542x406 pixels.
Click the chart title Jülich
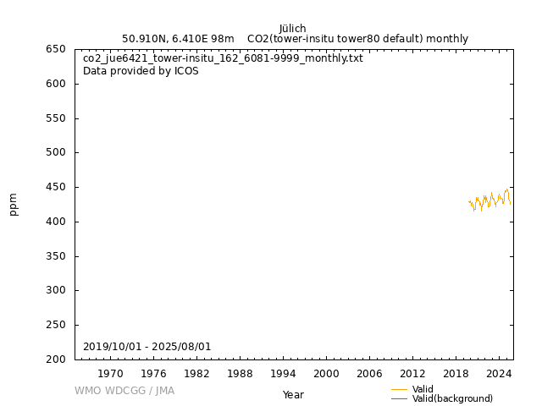click(x=293, y=29)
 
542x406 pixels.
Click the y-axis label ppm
click(x=14, y=205)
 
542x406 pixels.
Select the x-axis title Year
click(x=293, y=395)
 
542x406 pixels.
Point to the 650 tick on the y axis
click(x=56, y=49)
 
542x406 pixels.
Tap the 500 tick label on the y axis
click(x=56, y=153)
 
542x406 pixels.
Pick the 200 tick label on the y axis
click(x=56, y=359)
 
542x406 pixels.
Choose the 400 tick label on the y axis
click(x=56, y=222)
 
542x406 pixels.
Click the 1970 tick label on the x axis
click(x=110, y=373)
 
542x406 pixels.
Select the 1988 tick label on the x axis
click(x=240, y=373)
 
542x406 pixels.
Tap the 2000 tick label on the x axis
click(x=326, y=373)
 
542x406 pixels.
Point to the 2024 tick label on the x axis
click(x=499, y=373)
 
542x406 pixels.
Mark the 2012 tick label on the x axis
click(x=412, y=373)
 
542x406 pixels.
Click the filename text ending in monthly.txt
click(x=223, y=58)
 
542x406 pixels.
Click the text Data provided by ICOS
click(x=141, y=71)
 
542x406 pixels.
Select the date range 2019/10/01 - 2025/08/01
click(x=147, y=347)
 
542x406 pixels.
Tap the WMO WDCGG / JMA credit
click(x=124, y=391)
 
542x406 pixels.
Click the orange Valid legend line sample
click(x=400, y=389)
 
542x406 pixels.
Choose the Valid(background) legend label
click(x=452, y=398)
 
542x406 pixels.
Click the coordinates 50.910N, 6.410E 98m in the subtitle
click(x=178, y=39)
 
